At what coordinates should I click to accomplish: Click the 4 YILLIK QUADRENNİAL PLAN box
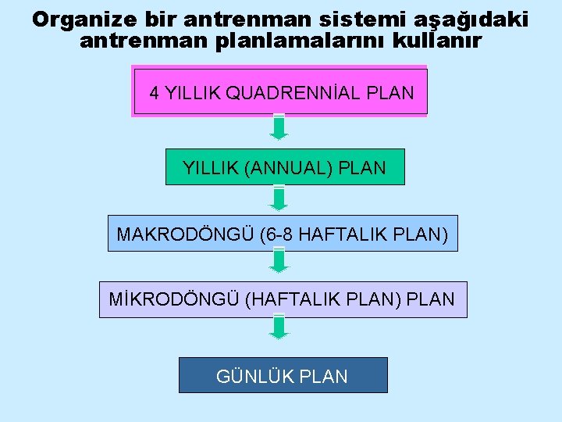click(x=280, y=91)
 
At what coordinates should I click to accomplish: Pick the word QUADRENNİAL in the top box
click(x=283, y=93)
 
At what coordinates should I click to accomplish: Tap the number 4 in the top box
click(x=155, y=93)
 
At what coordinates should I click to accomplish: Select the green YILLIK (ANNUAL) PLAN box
click(x=285, y=166)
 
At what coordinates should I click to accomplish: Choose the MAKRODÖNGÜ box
click(x=283, y=233)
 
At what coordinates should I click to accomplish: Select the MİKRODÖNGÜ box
click(x=283, y=299)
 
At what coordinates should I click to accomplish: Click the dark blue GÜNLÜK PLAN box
click(x=283, y=375)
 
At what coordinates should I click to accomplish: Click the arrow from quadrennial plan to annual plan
click(x=279, y=127)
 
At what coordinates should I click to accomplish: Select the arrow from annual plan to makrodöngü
click(x=279, y=198)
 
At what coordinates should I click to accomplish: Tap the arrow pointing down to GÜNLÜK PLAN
click(x=279, y=327)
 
